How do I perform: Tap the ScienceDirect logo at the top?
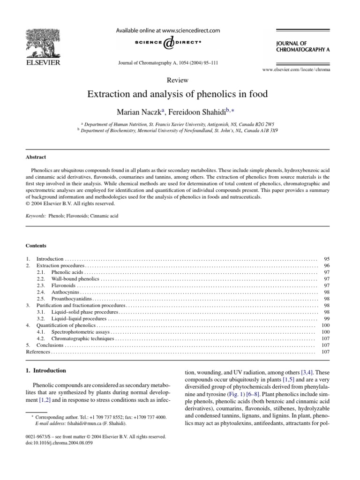167,43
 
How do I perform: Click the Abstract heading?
36,157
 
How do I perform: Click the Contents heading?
36,245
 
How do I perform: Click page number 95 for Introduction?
327,259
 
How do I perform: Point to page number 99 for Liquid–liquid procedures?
327,318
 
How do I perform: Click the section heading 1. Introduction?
45,370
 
